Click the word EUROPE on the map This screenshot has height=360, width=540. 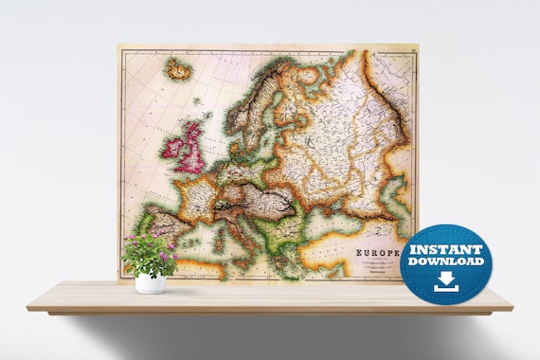tap(377, 253)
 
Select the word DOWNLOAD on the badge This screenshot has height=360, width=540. tap(445, 261)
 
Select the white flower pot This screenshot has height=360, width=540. tap(151, 281)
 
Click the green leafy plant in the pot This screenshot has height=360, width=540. tap(150, 254)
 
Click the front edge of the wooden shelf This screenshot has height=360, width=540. tap(270, 304)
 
